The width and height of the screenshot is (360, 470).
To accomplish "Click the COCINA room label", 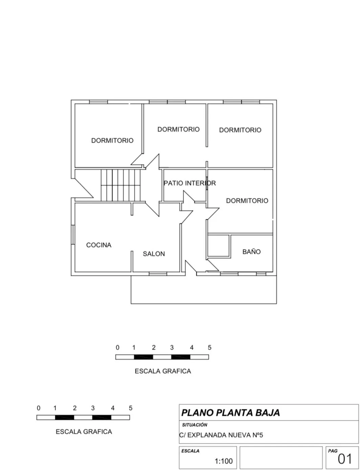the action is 99,245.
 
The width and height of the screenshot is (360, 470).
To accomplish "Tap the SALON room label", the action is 154,254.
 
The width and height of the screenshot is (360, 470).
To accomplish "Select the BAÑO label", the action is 251,251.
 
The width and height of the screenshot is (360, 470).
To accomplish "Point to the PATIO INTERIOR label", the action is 190,183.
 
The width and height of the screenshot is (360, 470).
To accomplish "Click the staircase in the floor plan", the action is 120,185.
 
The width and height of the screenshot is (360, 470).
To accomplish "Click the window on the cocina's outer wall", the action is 73,235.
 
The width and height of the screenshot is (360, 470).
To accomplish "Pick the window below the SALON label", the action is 158,274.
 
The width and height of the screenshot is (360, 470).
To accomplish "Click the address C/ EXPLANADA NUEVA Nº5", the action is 221,435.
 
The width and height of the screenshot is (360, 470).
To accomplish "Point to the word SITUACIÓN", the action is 195,425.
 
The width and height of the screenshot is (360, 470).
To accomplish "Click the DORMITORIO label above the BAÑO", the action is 247,201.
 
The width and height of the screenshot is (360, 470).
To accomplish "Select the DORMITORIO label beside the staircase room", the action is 112,141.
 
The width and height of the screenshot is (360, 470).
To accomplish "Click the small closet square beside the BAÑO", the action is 219,245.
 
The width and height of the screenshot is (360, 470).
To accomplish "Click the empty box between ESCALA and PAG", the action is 281,457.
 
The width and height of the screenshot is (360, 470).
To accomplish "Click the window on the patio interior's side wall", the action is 207,183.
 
